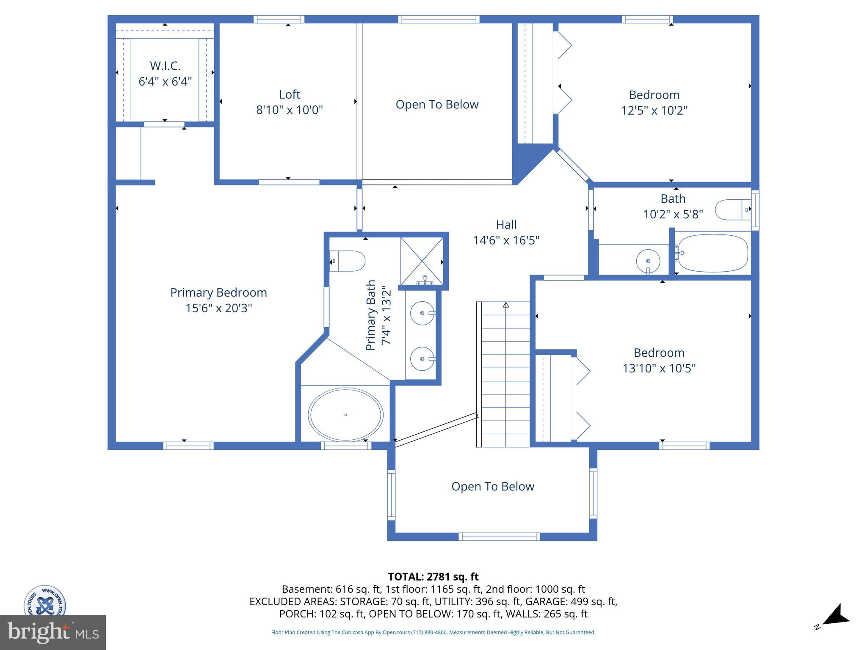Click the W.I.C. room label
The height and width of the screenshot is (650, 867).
[x=165, y=66]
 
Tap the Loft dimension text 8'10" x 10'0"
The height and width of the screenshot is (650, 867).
[x=289, y=110]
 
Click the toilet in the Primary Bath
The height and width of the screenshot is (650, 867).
[x=348, y=261]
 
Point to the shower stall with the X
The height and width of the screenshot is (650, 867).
[x=422, y=261]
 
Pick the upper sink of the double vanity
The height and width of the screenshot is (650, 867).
[x=422, y=313]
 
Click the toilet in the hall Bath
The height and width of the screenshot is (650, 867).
[x=732, y=210]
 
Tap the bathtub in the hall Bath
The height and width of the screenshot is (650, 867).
[x=712, y=253]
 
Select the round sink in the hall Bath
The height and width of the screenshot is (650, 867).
[x=648, y=261]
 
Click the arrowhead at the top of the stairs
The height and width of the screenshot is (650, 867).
[x=505, y=305]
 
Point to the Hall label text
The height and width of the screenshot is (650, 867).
[x=506, y=225]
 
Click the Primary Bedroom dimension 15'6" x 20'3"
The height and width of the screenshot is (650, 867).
[x=218, y=308]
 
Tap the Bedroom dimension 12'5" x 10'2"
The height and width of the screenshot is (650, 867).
[x=654, y=110]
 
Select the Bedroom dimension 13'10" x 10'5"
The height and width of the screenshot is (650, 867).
[x=659, y=368]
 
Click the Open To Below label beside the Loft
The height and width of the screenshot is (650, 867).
[x=437, y=105]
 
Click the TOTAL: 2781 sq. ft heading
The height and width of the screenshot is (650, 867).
[x=433, y=577]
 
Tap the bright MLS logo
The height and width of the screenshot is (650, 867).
[x=52, y=632]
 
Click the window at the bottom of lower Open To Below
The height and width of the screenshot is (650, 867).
[x=499, y=537]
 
